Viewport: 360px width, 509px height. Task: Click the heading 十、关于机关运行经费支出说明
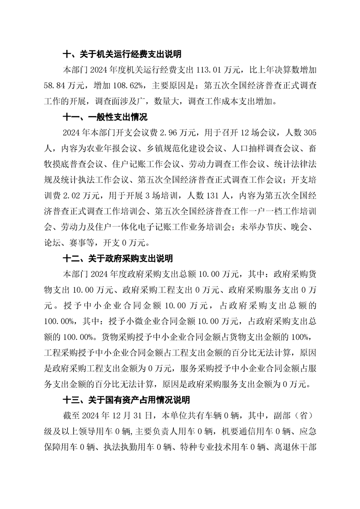[x=122, y=55]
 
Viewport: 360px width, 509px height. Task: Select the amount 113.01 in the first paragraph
[x=209, y=70]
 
